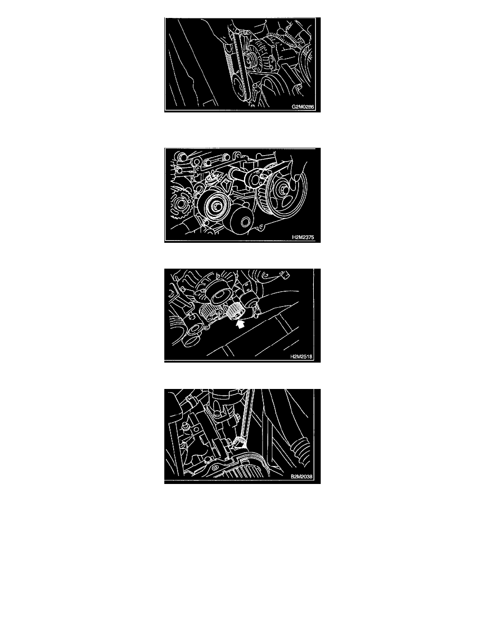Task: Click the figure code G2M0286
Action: point(303,107)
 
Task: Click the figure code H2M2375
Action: point(303,237)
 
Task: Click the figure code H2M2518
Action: point(301,357)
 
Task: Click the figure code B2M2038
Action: point(301,477)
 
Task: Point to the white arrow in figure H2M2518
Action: point(240,324)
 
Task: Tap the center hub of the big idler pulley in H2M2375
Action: point(216,207)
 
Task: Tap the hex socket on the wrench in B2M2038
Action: point(239,443)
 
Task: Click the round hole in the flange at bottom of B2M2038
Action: point(216,468)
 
